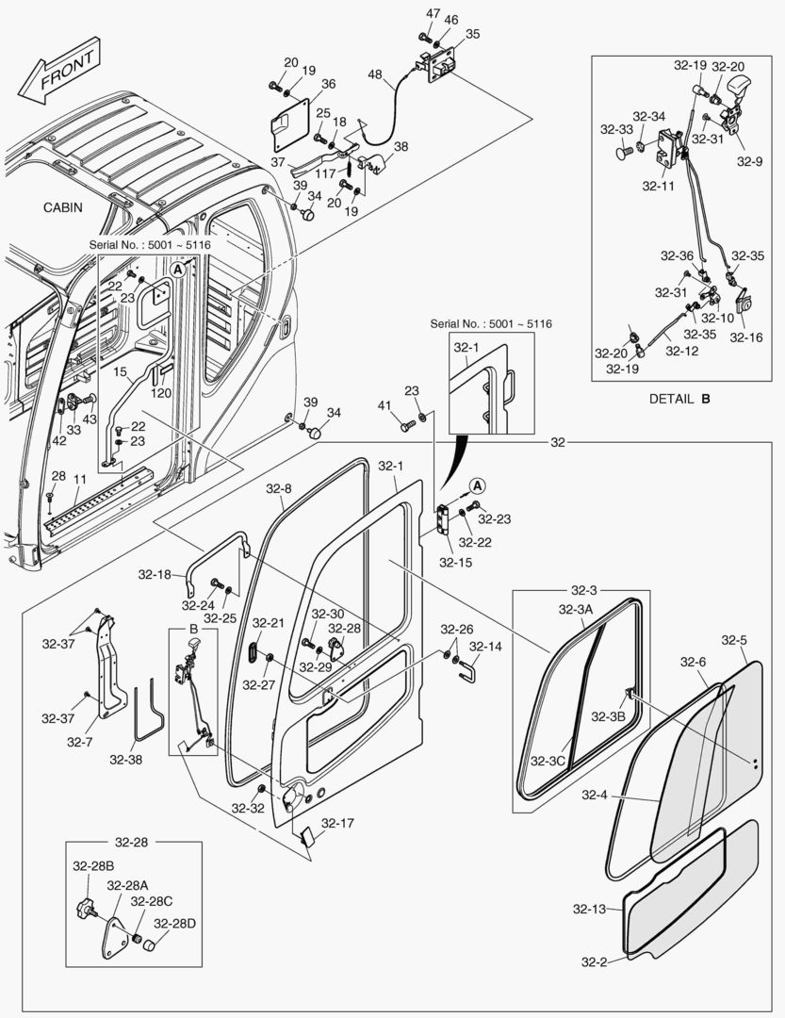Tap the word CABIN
[x=62, y=207]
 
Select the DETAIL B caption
[x=679, y=399]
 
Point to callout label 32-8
[x=278, y=489]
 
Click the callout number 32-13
[x=588, y=910]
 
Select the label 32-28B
[x=93, y=865]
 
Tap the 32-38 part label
[x=126, y=758]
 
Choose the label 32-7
[x=80, y=742]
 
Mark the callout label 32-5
[x=734, y=641]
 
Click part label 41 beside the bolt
[x=384, y=405]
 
